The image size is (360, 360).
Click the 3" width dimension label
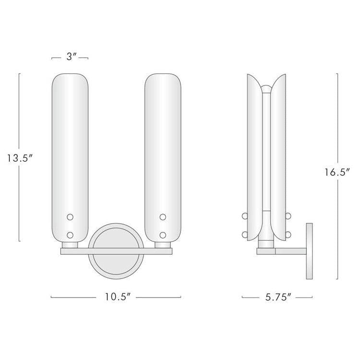click(x=70, y=57)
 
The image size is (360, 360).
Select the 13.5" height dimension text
click(x=19, y=157)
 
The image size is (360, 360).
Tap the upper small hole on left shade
click(x=70, y=217)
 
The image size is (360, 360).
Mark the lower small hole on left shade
click(x=70, y=235)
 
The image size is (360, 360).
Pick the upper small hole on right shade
click(x=163, y=217)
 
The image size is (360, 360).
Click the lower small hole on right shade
click(x=163, y=235)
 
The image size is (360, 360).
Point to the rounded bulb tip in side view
click(x=265, y=89)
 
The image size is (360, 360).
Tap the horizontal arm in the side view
click(x=290, y=251)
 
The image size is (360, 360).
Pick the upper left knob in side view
click(x=246, y=217)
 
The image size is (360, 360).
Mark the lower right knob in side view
click(x=289, y=235)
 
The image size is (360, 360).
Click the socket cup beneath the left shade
click(x=70, y=245)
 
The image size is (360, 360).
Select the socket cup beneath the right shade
click(x=163, y=245)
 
